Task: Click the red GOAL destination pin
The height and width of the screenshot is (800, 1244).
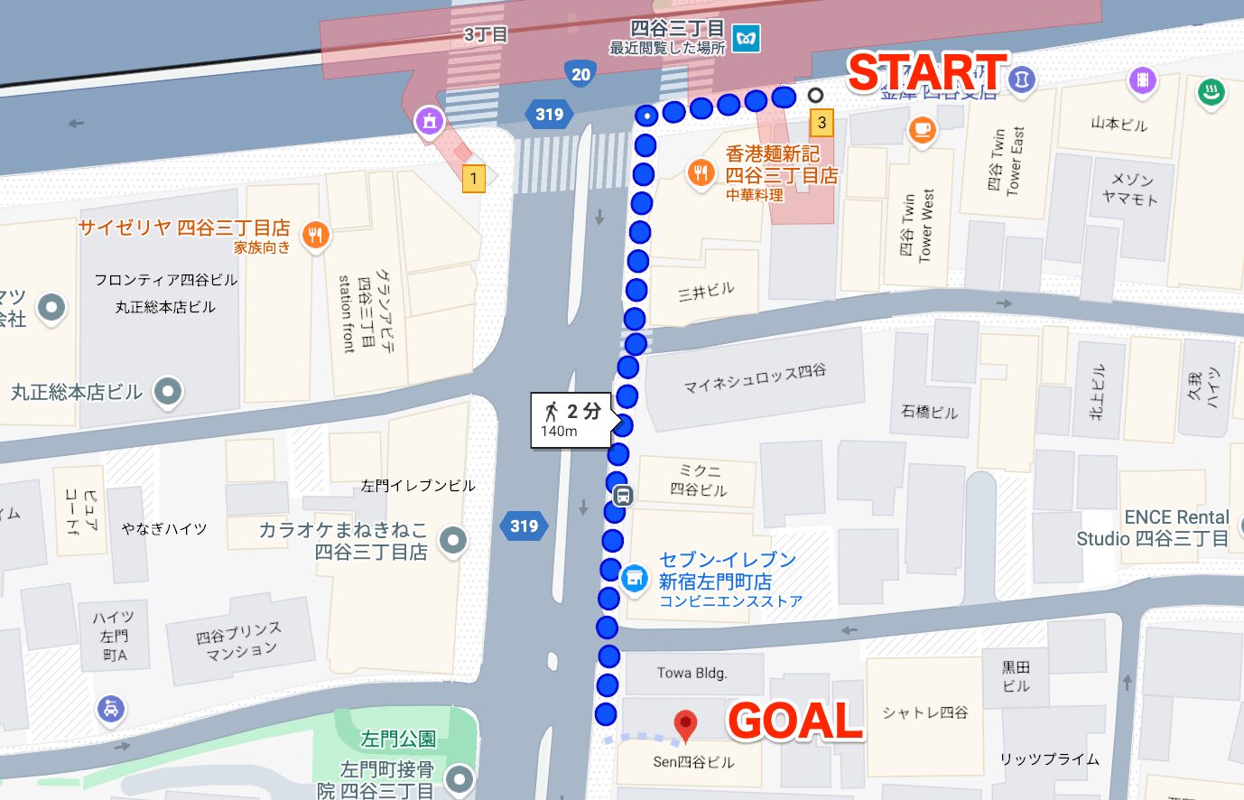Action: click(x=686, y=723)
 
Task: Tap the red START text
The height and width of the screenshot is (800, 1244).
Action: click(x=926, y=72)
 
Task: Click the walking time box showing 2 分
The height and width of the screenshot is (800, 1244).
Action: click(x=571, y=420)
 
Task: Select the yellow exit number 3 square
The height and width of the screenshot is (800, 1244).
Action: click(x=821, y=122)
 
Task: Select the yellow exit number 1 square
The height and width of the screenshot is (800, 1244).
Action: click(x=473, y=178)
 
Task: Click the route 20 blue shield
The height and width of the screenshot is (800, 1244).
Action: click(x=580, y=75)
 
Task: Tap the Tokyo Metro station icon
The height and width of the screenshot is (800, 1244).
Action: click(x=746, y=39)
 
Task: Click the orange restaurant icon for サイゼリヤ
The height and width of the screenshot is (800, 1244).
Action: click(x=314, y=236)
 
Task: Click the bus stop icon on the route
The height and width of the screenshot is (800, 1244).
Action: click(x=622, y=496)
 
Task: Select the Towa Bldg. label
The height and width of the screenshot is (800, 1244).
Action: click(x=692, y=673)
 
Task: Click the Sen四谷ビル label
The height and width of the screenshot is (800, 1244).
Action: click(x=693, y=762)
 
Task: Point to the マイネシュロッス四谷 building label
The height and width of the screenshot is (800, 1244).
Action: click(x=754, y=378)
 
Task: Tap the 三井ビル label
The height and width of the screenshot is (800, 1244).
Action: click(x=706, y=292)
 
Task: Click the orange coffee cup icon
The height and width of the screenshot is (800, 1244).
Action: click(x=922, y=130)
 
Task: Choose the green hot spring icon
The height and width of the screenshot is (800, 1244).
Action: click(x=1212, y=91)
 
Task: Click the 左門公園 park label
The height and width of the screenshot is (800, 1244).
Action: click(x=398, y=739)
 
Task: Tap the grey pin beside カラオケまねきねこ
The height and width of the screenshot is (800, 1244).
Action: click(x=452, y=540)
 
